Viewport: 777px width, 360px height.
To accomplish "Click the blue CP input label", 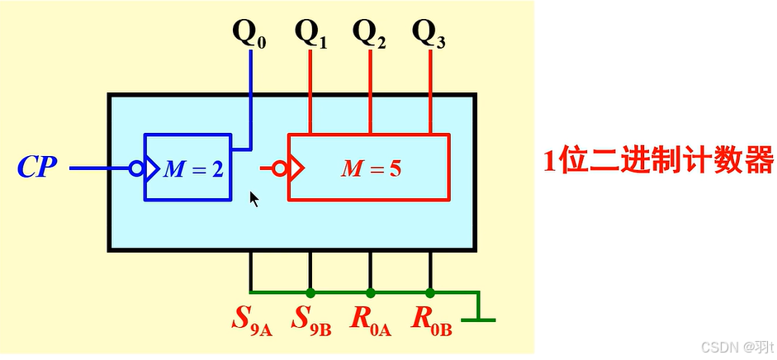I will coord(38,168).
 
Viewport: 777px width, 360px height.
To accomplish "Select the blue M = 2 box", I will coord(188,167).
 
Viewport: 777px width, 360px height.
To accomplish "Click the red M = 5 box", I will coord(369,167).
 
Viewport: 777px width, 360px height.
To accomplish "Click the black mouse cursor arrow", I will coord(254,198).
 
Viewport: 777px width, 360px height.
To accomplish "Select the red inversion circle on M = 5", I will coord(281,168).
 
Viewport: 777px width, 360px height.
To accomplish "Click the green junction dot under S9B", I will coord(310,292).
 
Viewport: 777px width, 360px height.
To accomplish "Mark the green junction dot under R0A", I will coord(370,292).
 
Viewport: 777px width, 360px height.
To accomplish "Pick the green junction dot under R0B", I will coord(430,292).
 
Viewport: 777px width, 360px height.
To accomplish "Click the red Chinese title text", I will coord(658,159).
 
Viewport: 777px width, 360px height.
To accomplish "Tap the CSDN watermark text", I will coord(725,346).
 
